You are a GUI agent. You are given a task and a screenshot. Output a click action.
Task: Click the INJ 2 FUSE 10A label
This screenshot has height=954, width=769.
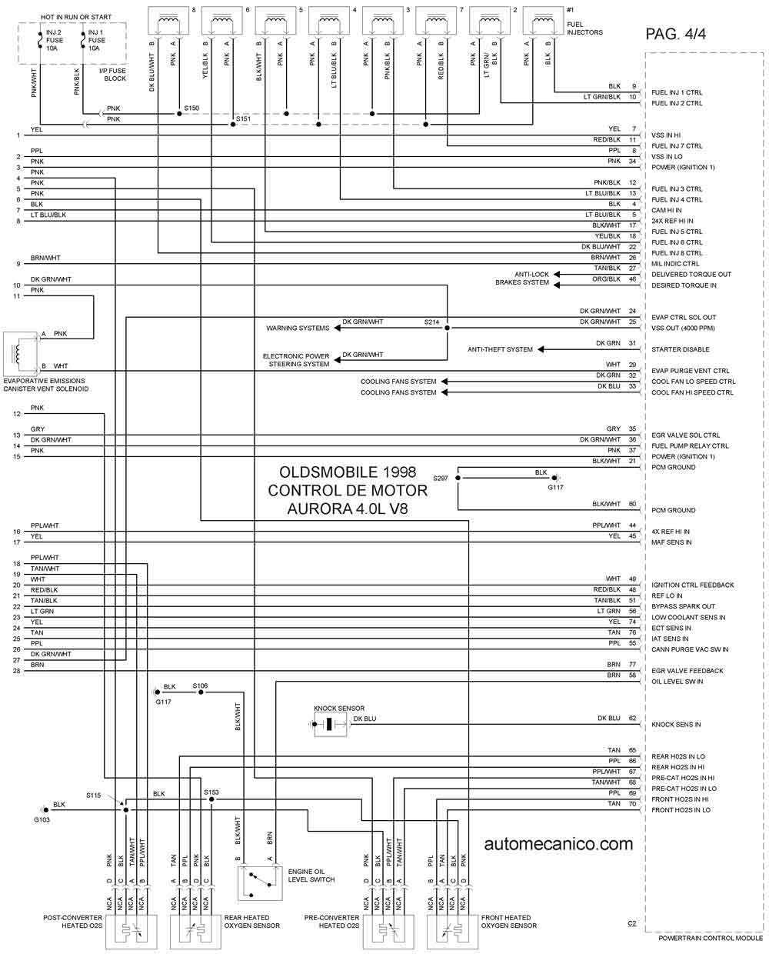click(53, 40)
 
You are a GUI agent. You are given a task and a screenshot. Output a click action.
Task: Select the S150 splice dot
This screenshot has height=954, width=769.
click(179, 113)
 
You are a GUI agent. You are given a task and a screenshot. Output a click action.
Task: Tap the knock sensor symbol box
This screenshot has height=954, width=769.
click(330, 724)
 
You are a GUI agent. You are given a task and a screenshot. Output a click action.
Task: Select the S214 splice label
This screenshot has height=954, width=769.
click(431, 322)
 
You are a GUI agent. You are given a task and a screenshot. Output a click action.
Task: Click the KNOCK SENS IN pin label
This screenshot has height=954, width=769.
click(676, 725)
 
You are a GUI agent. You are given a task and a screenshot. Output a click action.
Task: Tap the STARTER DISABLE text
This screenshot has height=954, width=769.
click(680, 349)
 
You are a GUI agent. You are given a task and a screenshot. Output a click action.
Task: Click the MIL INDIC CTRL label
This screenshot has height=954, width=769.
click(675, 264)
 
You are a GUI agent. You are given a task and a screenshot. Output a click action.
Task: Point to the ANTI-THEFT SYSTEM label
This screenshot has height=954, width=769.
click(500, 349)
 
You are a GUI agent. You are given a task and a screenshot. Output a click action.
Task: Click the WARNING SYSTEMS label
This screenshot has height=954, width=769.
click(298, 328)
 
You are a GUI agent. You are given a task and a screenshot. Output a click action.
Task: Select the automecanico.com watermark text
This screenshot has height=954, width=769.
click(558, 844)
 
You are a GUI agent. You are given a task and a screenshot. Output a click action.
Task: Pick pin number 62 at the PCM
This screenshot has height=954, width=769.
click(632, 719)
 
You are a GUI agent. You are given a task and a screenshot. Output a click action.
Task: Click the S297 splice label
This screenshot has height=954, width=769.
click(440, 478)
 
